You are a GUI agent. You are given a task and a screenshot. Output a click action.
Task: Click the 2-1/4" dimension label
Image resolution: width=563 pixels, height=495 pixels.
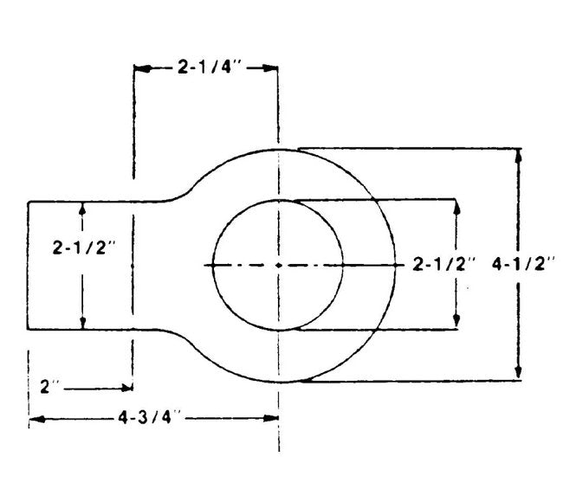(210, 67)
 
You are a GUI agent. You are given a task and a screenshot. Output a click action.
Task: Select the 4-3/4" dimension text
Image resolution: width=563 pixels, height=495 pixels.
(149, 417)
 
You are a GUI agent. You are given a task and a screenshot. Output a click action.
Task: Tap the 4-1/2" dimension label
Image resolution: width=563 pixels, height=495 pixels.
(523, 264)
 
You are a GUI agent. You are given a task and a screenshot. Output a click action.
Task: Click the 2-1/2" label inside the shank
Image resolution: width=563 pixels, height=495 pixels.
(84, 247)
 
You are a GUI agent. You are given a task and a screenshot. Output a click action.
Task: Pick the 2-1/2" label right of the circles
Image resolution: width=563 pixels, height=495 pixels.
(443, 264)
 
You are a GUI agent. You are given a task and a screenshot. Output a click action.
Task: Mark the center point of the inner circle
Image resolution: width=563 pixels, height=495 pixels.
(278, 265)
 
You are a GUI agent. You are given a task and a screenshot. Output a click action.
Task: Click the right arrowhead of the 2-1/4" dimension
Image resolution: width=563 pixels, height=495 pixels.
(270, 67)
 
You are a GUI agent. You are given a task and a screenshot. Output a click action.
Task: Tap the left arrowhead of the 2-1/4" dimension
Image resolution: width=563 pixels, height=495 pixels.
(142, 68)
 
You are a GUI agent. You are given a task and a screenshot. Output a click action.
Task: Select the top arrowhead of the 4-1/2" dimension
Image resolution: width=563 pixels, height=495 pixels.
(518, 157)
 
